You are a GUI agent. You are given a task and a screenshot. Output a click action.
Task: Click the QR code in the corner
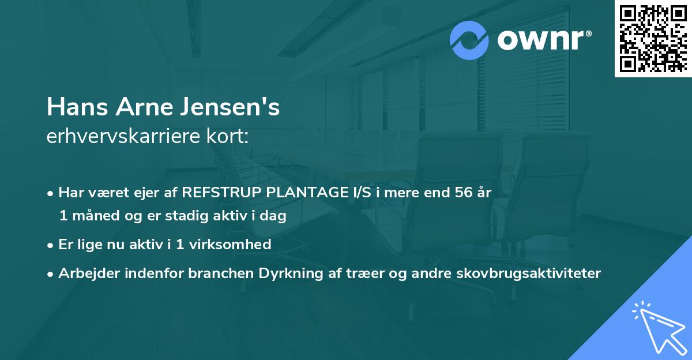point(653,38)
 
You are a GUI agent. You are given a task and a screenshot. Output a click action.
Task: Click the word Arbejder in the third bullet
point(85,273)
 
